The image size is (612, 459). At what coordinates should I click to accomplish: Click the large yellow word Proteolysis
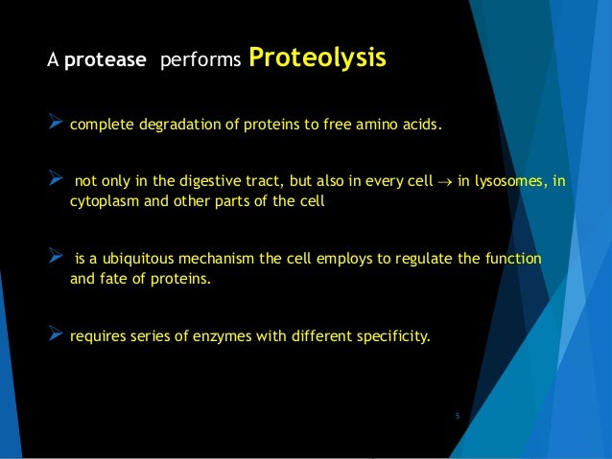[318, 59]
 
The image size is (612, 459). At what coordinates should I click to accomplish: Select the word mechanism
[228, 261]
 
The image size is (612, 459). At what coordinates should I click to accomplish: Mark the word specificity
[394, 337]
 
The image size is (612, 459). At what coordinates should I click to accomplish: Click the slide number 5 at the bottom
[458, 416]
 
